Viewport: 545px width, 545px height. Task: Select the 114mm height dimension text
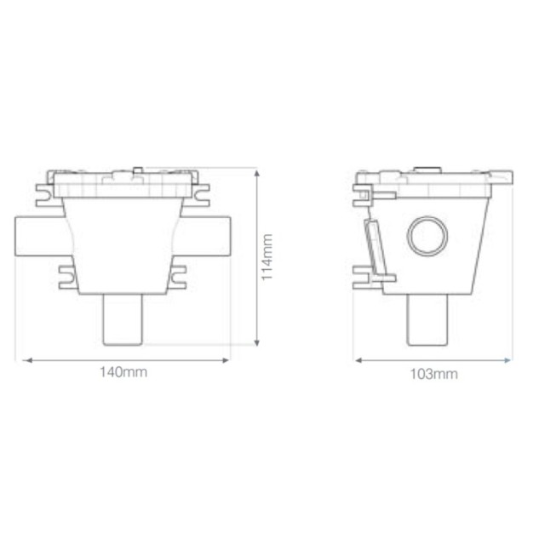pyautogui.click(x=267, y=257)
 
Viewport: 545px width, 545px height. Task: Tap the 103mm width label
pyautogui.click(x=433, y=374)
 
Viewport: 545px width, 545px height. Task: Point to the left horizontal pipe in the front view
pyautogui.click(x=38, y=236)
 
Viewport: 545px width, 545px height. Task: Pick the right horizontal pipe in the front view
pyautogui.click(x=208, y=236)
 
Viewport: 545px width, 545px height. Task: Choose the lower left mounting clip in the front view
pyautogui.click(x=65, y=276)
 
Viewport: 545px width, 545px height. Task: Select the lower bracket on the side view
pyautogui.click(x=368, y=276)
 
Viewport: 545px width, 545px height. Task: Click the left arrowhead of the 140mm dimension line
pyautogui.click(x=25, y=360)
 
